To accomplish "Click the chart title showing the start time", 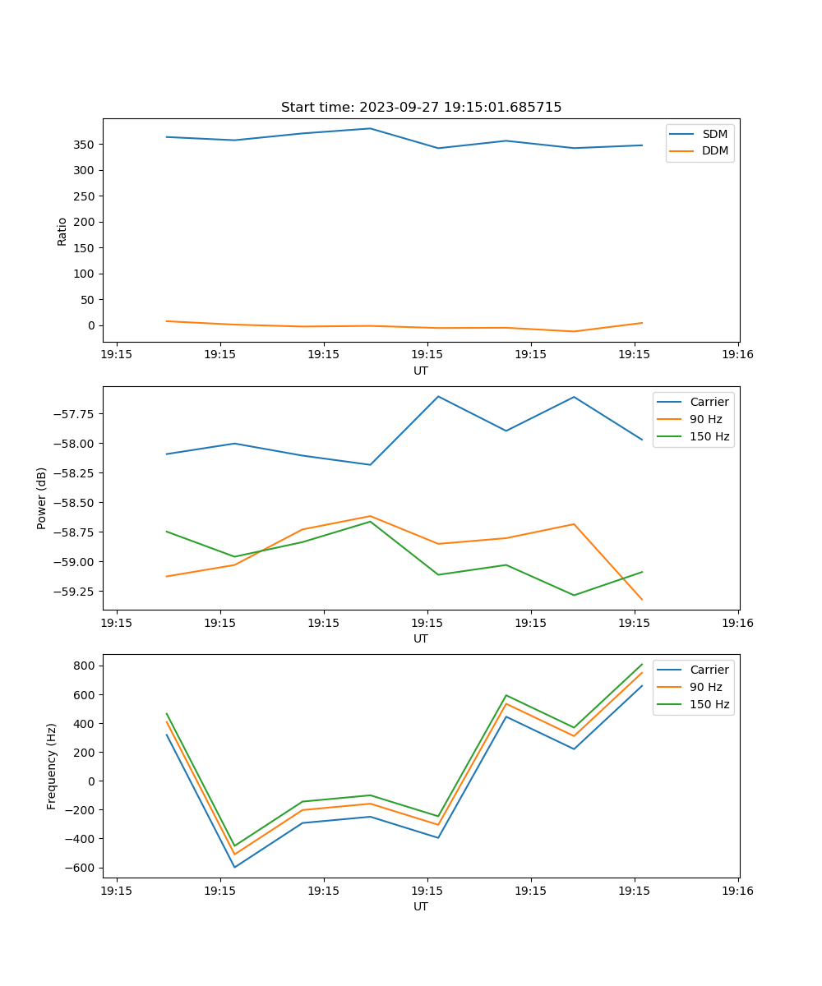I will coord(421,108).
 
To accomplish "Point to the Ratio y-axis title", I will coord(62,231).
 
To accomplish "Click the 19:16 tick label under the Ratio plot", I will coord(737,355).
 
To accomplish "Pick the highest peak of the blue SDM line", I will coord(370,128).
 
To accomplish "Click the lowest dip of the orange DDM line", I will coord(574,332).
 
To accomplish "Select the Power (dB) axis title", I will coord(42,498).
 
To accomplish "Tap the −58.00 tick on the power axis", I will coord(73,444).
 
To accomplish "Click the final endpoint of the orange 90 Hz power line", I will coord(642,600).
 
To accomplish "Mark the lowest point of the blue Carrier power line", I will coord(370,465).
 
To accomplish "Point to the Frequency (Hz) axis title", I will coord(52,766).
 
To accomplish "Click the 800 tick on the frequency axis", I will coord(85,666).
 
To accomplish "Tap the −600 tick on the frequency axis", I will coord(82,868).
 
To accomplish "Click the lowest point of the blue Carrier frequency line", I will coord(234,867).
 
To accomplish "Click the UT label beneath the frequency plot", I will coord(421,906).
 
